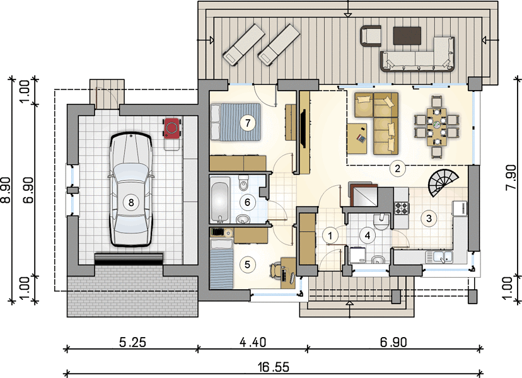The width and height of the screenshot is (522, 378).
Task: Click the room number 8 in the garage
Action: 131,202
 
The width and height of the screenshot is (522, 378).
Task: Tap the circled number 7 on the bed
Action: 247,123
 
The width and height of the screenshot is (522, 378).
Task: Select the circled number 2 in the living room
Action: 398,168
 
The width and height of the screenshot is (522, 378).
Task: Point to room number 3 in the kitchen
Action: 429,219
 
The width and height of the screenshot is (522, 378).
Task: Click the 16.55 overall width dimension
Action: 274,367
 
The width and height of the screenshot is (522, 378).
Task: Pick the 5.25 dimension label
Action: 132,342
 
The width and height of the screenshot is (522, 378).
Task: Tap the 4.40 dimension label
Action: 253,342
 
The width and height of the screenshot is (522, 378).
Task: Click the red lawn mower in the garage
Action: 172,128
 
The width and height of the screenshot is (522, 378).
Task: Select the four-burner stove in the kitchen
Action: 402,208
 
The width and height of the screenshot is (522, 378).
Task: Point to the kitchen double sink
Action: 439,257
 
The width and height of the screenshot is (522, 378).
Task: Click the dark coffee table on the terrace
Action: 407,36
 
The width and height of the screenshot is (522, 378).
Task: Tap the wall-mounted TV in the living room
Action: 303,129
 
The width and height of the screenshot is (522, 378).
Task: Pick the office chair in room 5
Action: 275,270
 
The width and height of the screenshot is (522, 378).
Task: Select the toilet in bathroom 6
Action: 243,181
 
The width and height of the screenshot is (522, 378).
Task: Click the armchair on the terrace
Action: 371,35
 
